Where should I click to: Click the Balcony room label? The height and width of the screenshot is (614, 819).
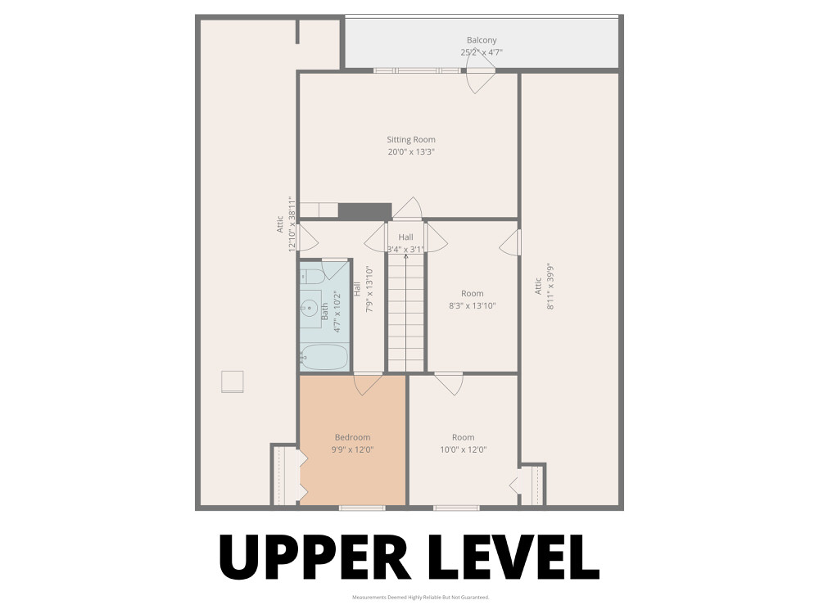click(482, 40)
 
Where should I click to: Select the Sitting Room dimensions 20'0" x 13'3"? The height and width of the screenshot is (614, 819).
click(411, 152)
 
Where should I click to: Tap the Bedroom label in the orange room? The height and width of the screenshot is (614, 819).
click(352, 437)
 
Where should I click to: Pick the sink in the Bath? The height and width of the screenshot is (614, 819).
click(310, 308)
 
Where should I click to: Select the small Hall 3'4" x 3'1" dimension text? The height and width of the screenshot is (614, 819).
click(405, 250)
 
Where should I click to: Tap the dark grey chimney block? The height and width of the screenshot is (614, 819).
click(364, 211)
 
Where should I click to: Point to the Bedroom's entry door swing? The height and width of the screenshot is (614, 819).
click(368, 384)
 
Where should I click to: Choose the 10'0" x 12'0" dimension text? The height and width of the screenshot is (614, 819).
click(464, 449)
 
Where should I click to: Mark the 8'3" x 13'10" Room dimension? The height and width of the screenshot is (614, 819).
click(473, 306)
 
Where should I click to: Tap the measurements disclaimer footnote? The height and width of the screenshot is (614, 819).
click(420, 598)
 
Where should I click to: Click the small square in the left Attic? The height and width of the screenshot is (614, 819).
click(232, 381)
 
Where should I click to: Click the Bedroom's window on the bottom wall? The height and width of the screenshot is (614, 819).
click(362, 508)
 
